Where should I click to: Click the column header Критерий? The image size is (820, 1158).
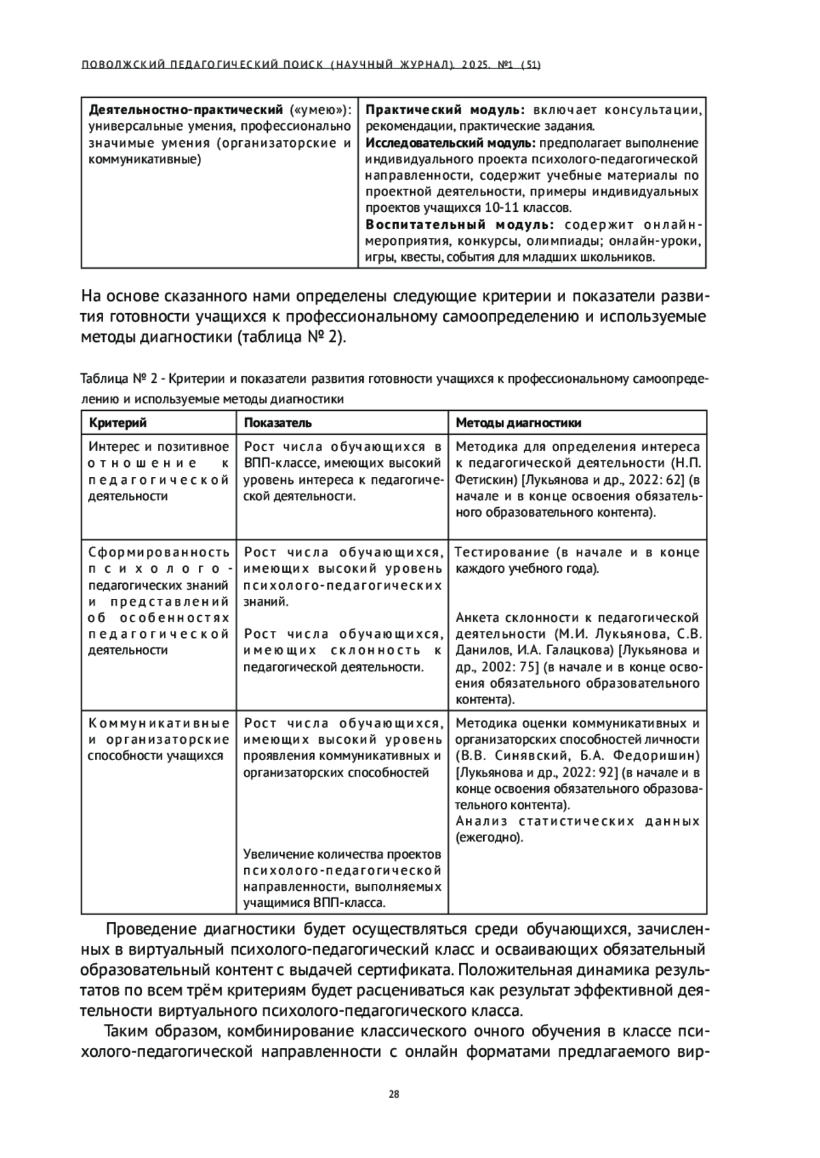(118, 422)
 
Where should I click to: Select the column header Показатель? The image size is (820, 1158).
(278, 422)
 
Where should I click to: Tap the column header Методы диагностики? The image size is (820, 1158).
(519, 422)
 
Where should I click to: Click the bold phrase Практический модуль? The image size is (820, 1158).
(446, 109)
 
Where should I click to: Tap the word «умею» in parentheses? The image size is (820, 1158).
(318, 109)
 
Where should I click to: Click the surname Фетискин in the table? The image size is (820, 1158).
(481, 479)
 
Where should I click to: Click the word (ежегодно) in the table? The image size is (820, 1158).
(489, 837)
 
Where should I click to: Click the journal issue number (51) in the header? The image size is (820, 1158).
(531, 66)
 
